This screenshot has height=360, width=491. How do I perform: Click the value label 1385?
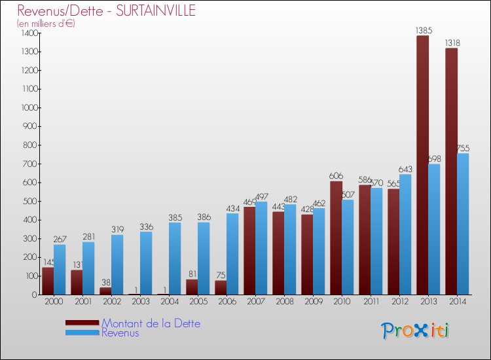tap(423, 30)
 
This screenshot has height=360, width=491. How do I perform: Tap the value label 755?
tap(463, 148)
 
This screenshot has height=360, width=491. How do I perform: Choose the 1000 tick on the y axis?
tap(30, 107)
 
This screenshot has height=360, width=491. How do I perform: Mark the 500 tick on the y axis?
tap(30, 201)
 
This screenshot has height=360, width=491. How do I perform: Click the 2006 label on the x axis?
tap(227, 302)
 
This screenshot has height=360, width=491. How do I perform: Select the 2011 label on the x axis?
tap(371, 302)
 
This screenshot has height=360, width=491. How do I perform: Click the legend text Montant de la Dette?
tap(151, 323)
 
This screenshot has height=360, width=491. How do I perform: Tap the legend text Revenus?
tap(120, 333)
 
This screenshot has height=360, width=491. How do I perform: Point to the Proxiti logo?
tap(415, 331)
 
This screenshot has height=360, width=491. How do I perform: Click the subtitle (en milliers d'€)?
tap(46, 24)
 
